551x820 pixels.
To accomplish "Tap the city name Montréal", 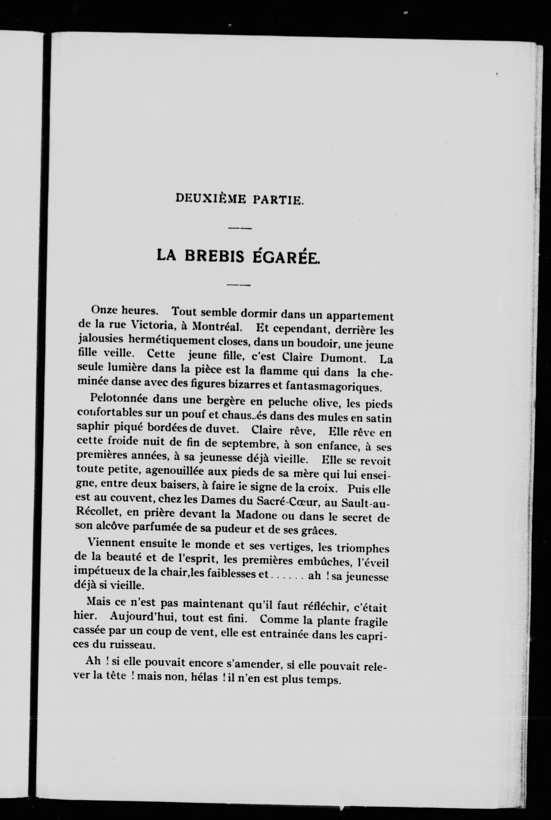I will point(216,327).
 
